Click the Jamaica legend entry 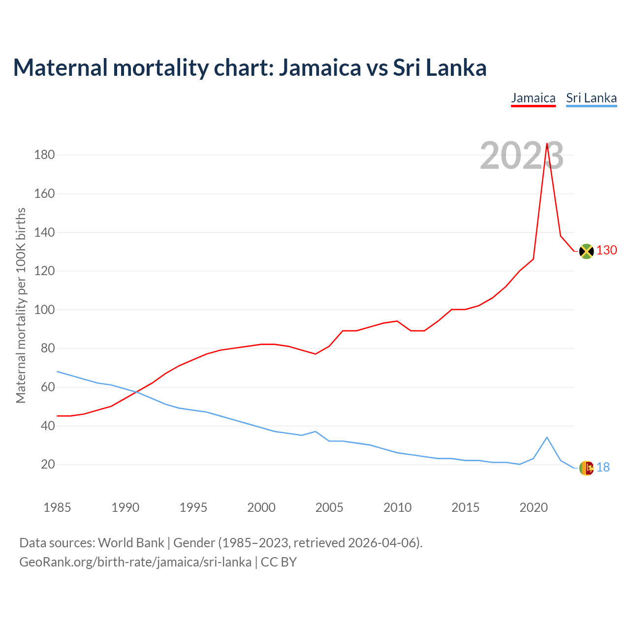coord(533,98)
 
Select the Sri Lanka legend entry coord(591,98)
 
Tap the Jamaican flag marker coord(586,251)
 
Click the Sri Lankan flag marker coord(586,468)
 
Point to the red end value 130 coord(607,251)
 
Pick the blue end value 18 coord(603,468)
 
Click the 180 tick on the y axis coord(44,155)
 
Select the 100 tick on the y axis coord(44,310)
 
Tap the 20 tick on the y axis coord(48,465)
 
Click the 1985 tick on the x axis coord(57,507)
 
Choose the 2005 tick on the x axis coord(329,507)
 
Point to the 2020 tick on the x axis coord(534,507)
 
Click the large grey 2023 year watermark coord(522,156)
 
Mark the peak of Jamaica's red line coord(547,144)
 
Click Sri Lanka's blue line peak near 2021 coord(547,437)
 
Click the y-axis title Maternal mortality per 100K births coord(21,305)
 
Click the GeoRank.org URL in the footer coord(135,562)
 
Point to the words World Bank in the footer coord(131,543)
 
